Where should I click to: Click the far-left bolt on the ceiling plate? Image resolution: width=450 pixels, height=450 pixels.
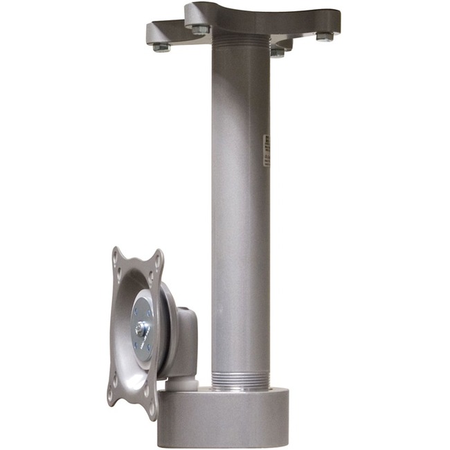(161, 47)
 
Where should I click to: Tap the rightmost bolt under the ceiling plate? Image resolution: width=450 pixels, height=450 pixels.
(325, 37)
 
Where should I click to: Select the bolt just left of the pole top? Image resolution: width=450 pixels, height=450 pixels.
(200, 30)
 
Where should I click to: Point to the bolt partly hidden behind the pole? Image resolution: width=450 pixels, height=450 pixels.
(278, 52)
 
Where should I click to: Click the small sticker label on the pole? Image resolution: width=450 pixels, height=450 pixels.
(267, 152)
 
